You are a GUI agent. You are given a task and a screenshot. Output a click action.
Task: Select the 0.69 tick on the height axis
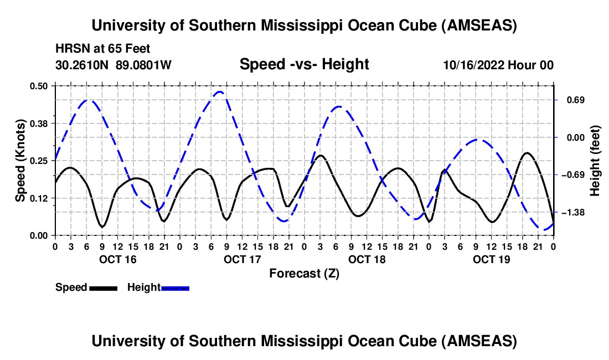(569, 100)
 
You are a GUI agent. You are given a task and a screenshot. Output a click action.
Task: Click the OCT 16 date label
(117, 259)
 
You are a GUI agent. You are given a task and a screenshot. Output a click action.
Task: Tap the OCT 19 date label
(491, 259)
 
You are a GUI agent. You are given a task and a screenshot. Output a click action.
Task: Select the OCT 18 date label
(367, 259)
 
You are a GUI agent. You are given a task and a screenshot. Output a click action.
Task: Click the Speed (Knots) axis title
(20, 161)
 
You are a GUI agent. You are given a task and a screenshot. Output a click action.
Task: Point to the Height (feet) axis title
(595, 161)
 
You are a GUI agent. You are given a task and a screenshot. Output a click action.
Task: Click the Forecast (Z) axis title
(304, 273)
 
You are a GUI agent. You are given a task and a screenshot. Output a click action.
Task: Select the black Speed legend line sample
(103, 288)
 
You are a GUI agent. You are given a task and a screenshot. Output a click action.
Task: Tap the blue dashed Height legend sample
(175, 288)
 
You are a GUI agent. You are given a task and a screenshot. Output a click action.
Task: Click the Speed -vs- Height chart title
(304, 64)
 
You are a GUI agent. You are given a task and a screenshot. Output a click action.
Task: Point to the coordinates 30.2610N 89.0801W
(113, 65)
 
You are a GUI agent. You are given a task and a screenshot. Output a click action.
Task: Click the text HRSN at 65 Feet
(103, 49)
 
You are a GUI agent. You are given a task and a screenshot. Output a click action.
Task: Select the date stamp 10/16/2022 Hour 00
(498, 65)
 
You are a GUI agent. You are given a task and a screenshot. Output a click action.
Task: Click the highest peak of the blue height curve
(220, 92)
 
